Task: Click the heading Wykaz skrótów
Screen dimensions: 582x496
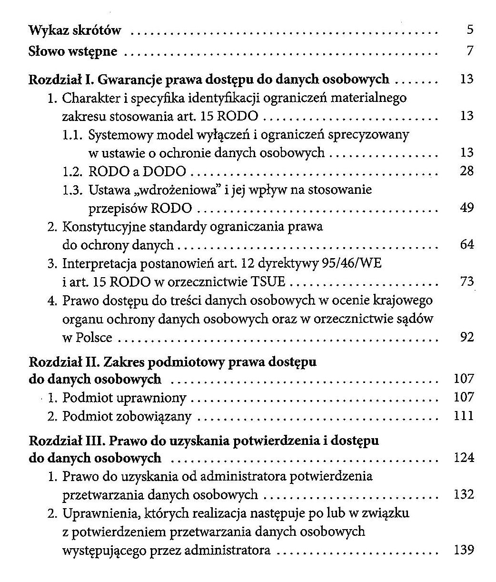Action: (75, 31)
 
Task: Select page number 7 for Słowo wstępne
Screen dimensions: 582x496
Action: (470, 50)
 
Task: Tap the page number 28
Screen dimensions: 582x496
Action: (467, 171)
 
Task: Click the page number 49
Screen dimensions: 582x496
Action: (467, 208)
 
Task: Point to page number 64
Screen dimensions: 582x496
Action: (467, 245)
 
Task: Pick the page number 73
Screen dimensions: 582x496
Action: (467, 281)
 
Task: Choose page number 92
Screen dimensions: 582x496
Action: (467, 337)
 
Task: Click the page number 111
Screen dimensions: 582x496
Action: (464, 416)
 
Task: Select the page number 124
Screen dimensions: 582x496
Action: (464, 458)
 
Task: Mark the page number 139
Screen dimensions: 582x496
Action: (464, 550)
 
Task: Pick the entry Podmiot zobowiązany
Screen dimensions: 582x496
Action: (127, 416)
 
